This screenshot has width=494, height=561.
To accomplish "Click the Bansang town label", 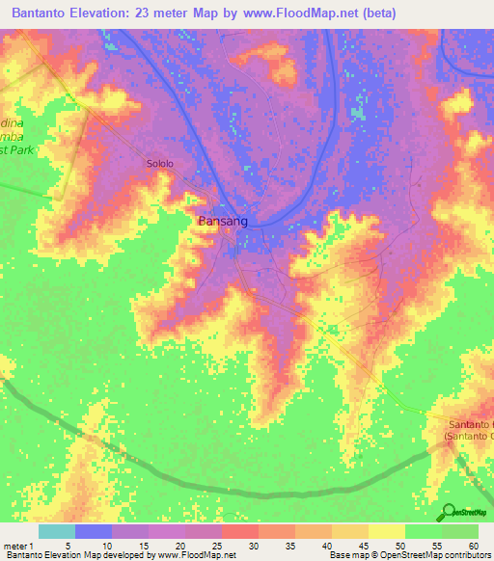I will tap(223, 221).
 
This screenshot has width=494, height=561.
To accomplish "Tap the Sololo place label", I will tap(160, 164).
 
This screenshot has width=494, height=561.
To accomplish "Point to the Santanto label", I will tap(470, 425).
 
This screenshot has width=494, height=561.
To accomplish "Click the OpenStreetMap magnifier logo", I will tap(450, 512).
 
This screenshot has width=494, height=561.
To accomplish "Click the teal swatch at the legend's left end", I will tap(56, 531).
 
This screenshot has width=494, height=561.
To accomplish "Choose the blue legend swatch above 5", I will tap(93, 531).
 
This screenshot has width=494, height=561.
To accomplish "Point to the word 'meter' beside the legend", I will tap(15, 545).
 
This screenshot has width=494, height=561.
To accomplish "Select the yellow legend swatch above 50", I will tap(386, 531).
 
